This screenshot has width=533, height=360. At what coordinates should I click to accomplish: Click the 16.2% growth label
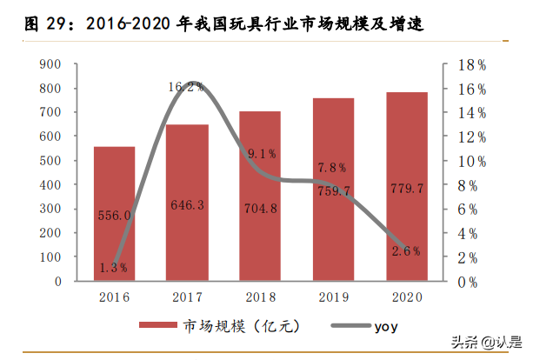[186, 86]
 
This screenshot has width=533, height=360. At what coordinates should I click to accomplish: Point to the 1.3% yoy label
[113, 268]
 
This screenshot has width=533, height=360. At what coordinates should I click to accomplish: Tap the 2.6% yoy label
[406, 251]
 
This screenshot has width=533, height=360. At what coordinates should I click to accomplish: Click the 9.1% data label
[261, 154]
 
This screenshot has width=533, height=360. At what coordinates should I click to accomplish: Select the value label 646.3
[187, 207]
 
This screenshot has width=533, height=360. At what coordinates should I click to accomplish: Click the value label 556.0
[114, 215]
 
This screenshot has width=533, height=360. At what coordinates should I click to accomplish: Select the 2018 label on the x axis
[260, 297]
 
